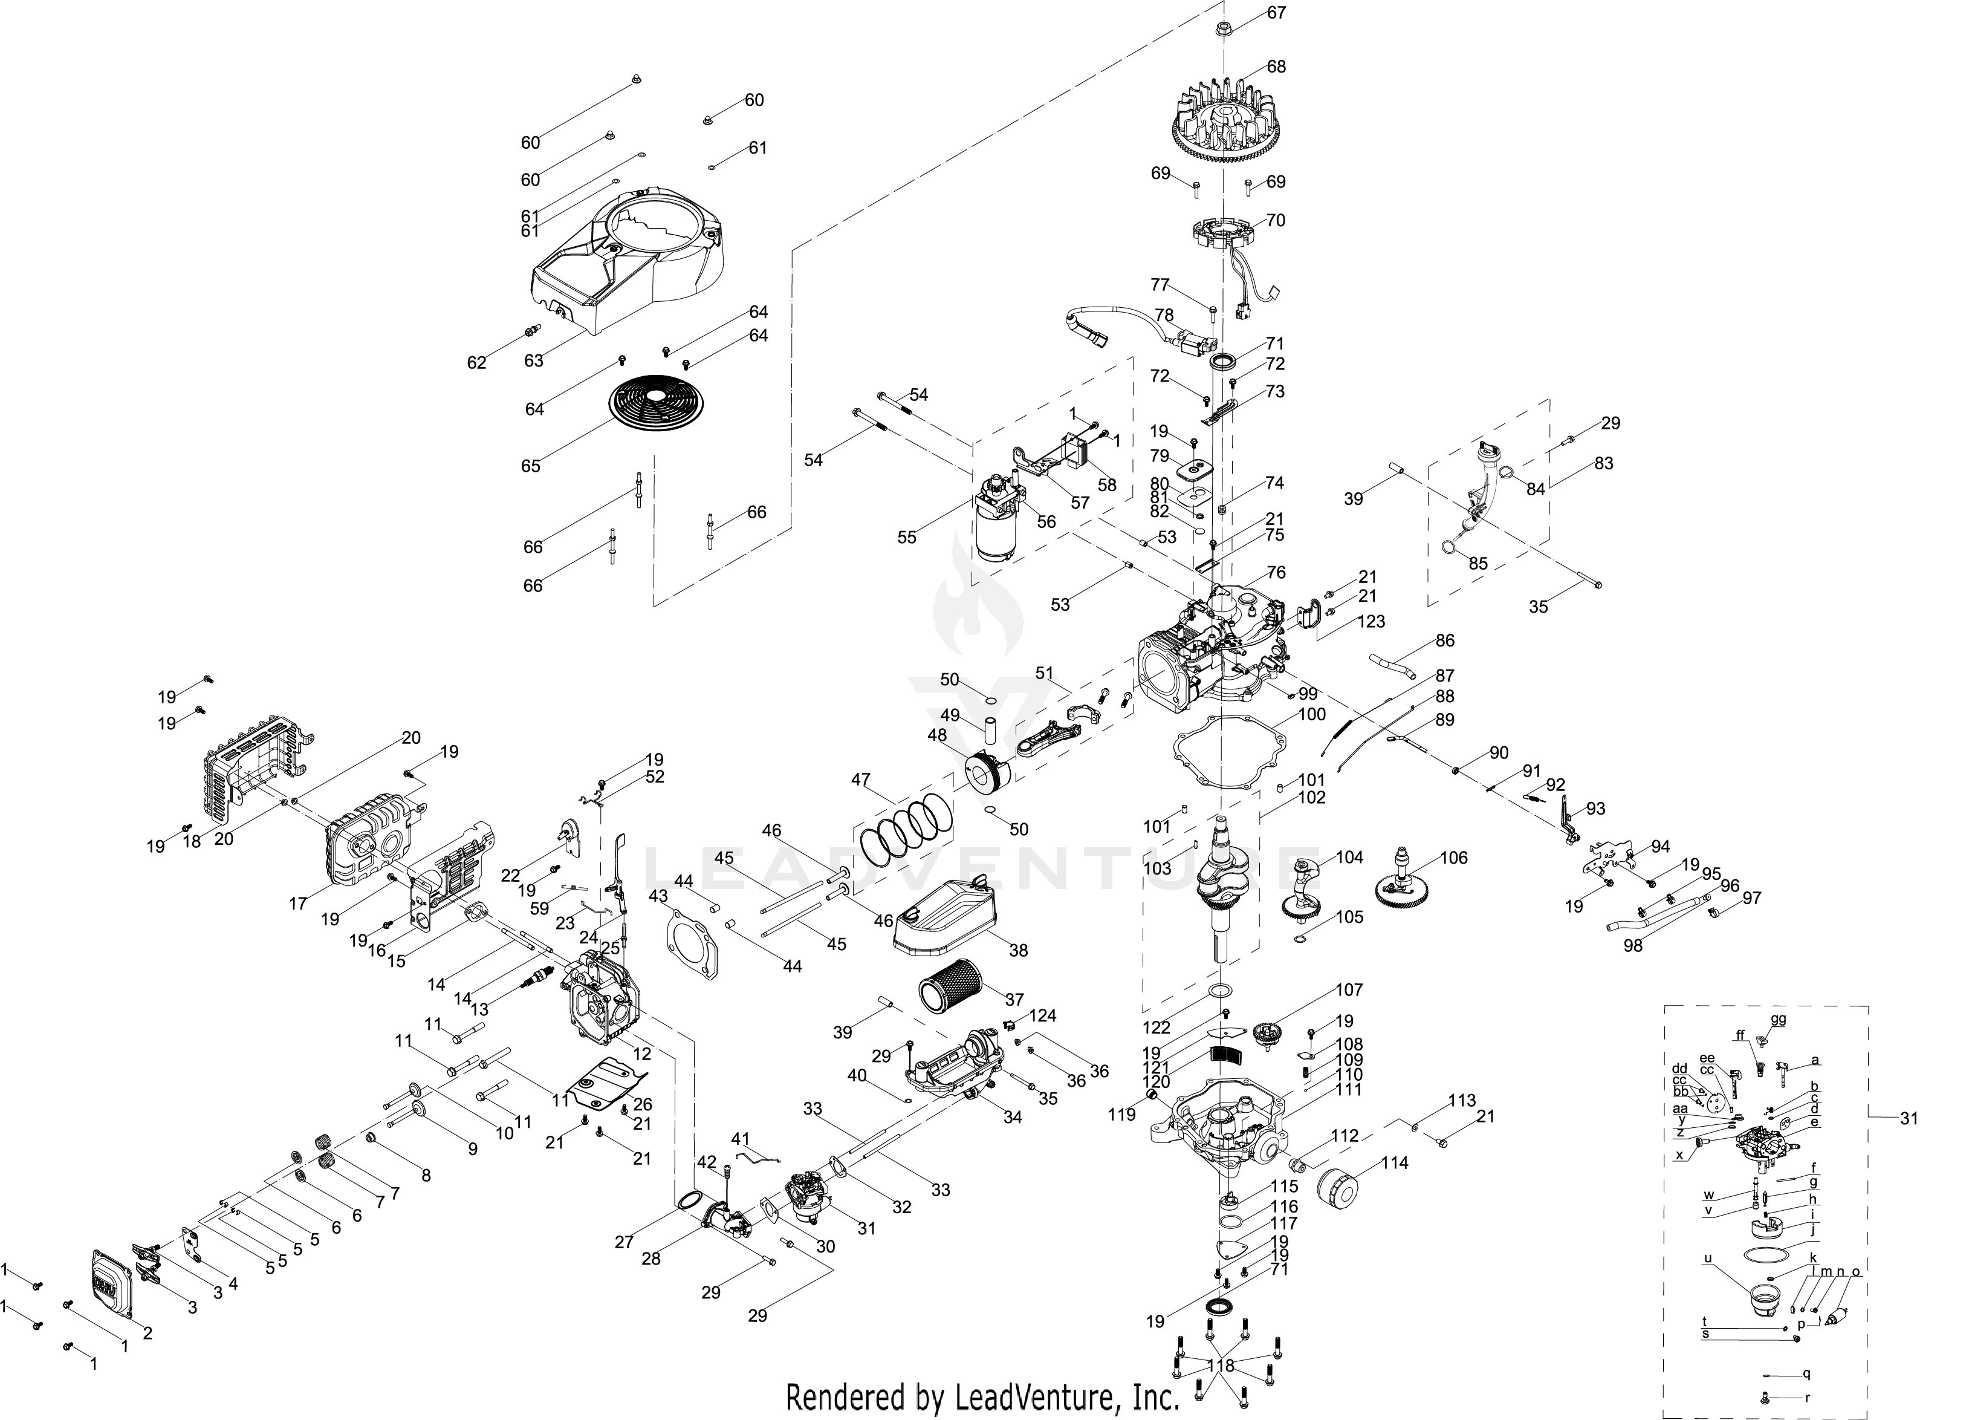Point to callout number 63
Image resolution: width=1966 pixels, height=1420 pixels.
[x=533, y=360]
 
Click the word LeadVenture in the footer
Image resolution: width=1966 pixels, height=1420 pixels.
[x=1029, y=1396]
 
